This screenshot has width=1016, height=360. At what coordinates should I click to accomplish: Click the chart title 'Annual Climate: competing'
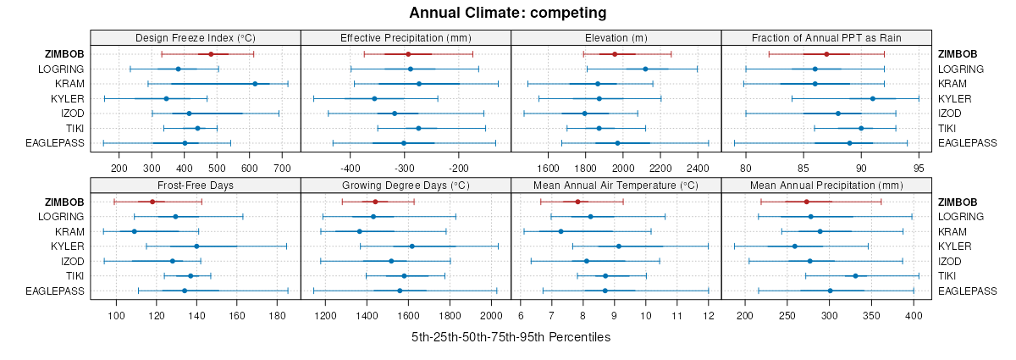pyautogui.click(x=508, y=13)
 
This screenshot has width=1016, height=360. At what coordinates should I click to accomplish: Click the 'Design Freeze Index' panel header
pyautogui.click(x=196, y=38)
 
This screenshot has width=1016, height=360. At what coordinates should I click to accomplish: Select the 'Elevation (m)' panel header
pyautogui.click(x=616, y=38)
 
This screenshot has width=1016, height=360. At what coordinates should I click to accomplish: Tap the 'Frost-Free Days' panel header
pyautogui.click(x=196, y=186)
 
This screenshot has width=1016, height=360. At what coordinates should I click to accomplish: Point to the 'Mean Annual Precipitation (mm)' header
pyautogui.click(x=825, y=186)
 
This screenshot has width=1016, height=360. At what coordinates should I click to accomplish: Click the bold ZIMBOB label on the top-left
pyautogui.click(x=64, y=54)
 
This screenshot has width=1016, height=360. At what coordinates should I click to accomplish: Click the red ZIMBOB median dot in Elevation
pyautogui.click(x=615, y=54)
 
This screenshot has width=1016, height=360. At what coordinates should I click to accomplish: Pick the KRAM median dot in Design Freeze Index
pyautogui.click(x=255, y=84)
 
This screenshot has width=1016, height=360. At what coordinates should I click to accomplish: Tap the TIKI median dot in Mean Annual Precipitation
pyautogui.click(x=855, y=276)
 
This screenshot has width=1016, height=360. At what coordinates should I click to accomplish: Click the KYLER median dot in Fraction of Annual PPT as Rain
pyautogui.click(x=873, y=98)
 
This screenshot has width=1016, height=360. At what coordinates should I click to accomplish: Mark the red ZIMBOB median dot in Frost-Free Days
pyautogui.click(x=152, y=202)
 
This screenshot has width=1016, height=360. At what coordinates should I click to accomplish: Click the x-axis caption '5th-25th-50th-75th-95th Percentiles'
pyautogui.click(x=511, y=337)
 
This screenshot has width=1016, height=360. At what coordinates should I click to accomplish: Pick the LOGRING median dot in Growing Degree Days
pyautogui.click(x=373, y=217)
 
